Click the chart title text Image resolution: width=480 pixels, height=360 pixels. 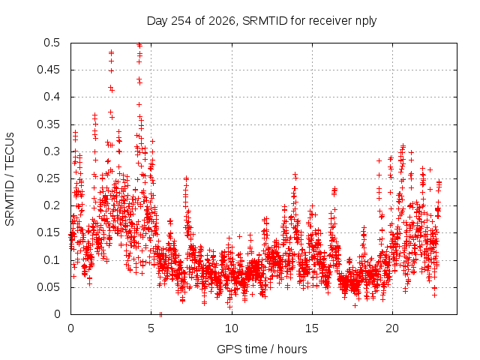[262, 21]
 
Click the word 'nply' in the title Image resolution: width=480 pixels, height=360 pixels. [366, 22]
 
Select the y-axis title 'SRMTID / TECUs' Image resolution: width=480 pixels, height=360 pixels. [10, 179]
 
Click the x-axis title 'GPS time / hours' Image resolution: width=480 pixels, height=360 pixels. [262, 349]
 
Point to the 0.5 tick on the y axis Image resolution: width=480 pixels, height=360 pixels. [52, 43]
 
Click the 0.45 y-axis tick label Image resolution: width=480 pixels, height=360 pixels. [49, 70]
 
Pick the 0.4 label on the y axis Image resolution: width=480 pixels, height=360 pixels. [52, 97]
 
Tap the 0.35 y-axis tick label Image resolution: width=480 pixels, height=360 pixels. [49, 124]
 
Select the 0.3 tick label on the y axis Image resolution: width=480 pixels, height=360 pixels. [52, 151]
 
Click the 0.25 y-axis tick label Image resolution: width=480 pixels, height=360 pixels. [49, 178]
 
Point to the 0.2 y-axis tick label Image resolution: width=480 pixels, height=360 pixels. [52, 205]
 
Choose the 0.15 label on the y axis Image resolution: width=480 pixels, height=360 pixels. [49, 232]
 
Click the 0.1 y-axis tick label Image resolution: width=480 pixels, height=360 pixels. [52, 260]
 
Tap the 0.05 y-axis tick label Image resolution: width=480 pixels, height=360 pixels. [49, 287]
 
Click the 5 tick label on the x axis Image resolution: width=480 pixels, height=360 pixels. [151, 328]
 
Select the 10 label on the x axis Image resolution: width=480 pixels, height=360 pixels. [232, 328]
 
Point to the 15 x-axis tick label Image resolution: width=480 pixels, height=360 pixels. [312, 328]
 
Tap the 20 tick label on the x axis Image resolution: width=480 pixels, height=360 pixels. [392, 328]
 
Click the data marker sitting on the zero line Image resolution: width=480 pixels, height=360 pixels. [160, 314]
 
